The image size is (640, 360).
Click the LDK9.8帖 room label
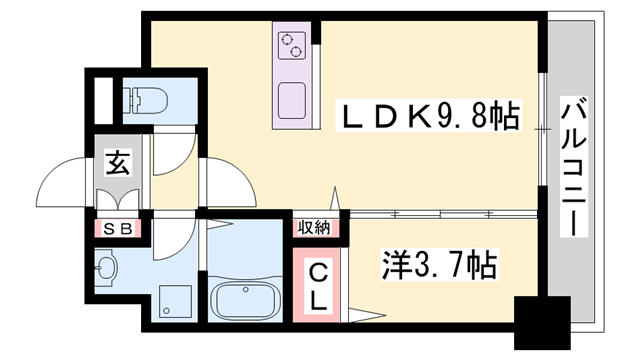(x=431, y=118)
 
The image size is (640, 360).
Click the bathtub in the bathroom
(x=246, y=301)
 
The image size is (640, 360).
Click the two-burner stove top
(x=293, y=44)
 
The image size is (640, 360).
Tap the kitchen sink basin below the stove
(x=293, y=99)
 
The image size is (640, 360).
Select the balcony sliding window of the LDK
(x=541, y=130)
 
